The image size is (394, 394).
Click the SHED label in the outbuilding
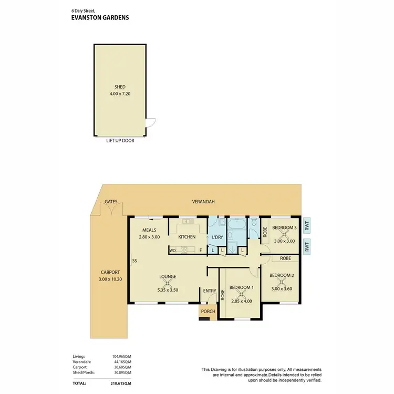120,87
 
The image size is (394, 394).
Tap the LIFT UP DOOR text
120,140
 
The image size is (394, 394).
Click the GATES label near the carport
110,201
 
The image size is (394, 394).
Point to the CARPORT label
110,272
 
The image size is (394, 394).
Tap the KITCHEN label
187,237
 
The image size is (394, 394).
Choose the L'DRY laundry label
217,237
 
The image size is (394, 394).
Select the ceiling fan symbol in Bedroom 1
242,294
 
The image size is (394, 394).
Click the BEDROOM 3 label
284,227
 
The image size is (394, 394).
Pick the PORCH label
208,311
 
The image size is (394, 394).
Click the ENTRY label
210,291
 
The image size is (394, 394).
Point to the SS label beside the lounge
135,261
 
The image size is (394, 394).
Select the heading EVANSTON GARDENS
100,17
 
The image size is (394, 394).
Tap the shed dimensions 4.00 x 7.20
120,94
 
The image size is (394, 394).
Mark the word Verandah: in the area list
81,361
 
